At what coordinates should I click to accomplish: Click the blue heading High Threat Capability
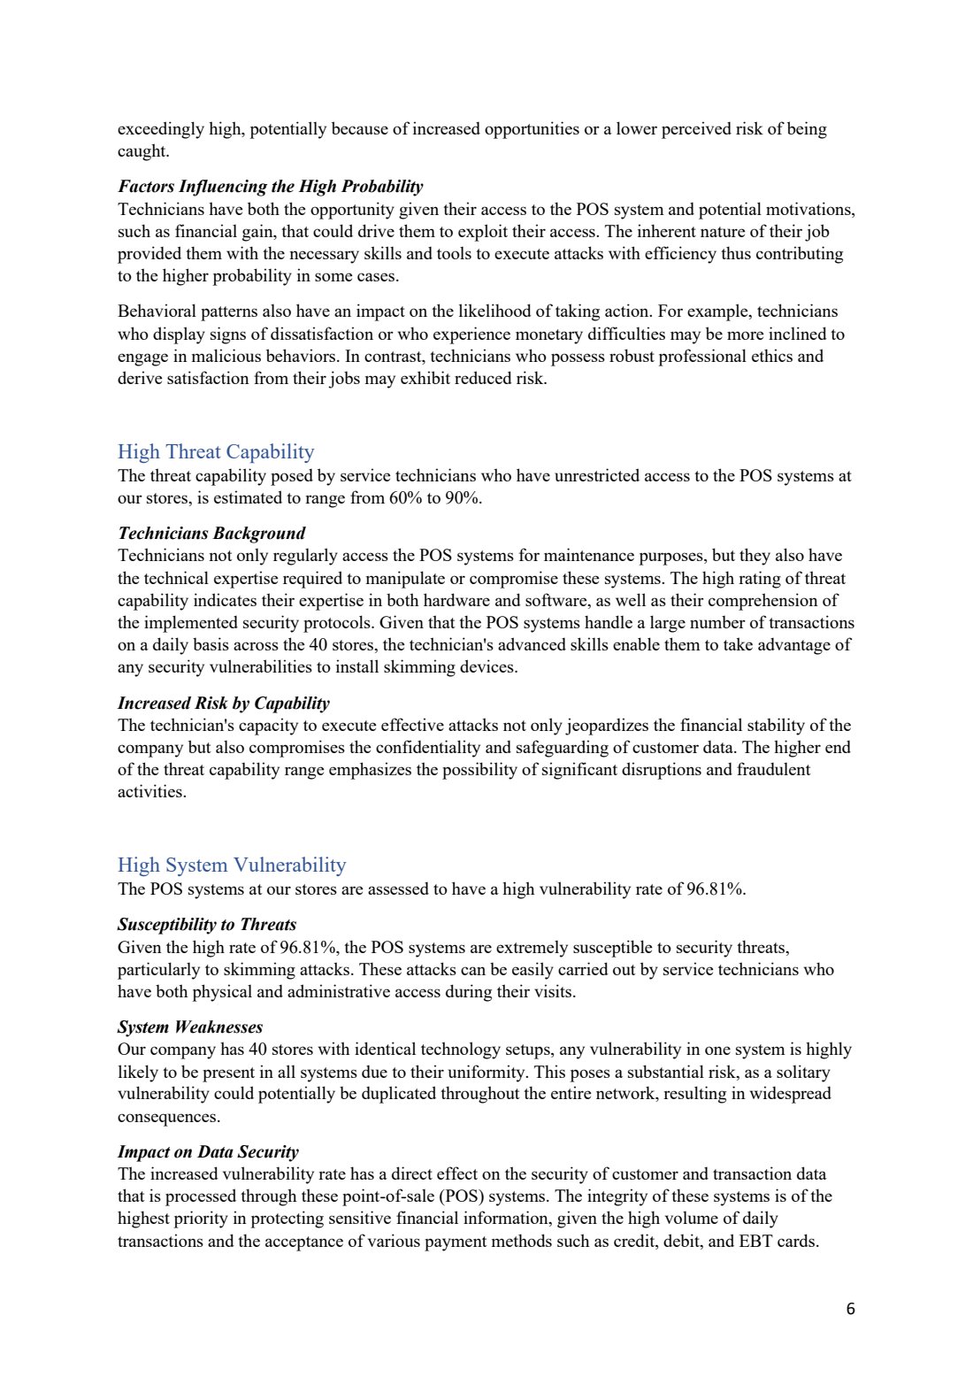pos(216,452)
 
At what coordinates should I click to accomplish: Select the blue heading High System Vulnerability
pos(232,865)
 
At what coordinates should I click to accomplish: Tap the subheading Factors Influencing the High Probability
pos(270,187)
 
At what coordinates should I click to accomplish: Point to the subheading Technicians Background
pos(211,534)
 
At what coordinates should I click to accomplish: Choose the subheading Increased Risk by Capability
pos(223,704)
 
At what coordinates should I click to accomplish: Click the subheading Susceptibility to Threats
pos(207,925)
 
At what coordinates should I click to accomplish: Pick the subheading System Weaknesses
pos(190,1027)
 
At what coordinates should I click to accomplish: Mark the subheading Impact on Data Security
pos(208,1152)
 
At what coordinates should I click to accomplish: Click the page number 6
pos(850,1310)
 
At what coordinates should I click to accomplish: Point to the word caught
pos(142,151)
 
